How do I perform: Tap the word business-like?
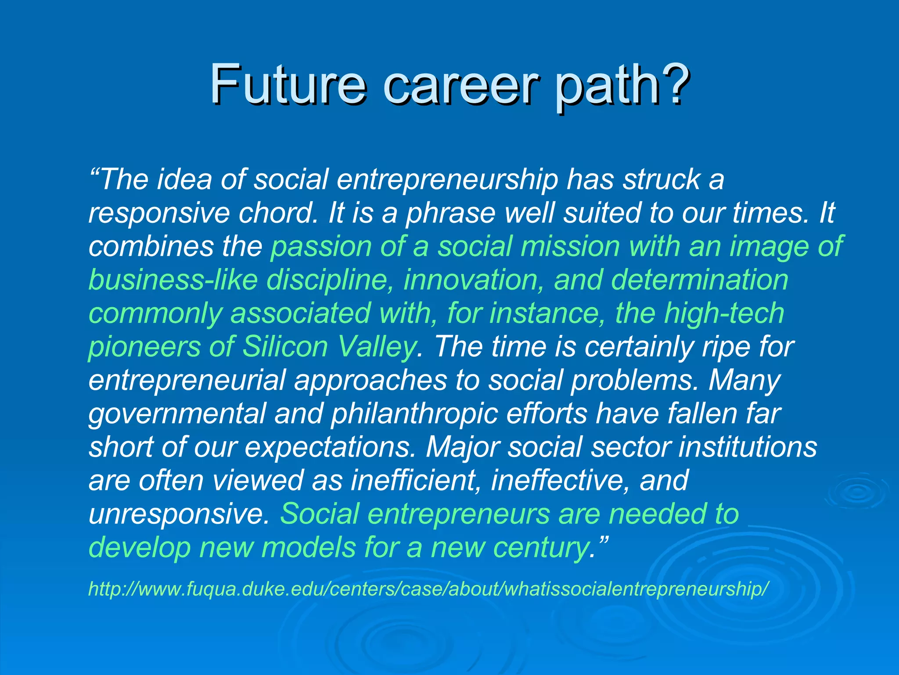click(x=173, y=280)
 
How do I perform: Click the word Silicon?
click(x=285, y=347)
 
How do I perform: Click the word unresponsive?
click(x=178, y=515)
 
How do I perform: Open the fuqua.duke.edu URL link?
click(x=428, y=589)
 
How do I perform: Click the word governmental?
click(x=177, y=414)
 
